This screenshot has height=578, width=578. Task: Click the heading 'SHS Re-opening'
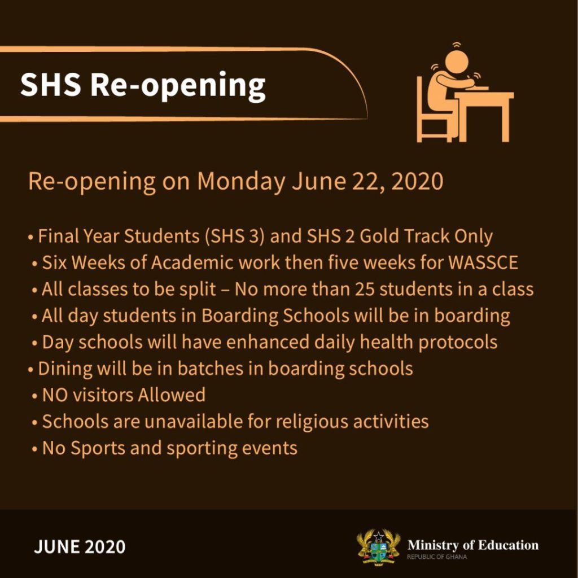143,86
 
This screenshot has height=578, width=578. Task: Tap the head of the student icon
456,61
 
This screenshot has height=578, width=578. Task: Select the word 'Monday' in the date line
241,181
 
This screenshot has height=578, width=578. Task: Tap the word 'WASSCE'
483,262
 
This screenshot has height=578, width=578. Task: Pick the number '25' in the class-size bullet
365,290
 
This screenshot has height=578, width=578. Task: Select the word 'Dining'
65,369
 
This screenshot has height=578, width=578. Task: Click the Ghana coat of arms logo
379,548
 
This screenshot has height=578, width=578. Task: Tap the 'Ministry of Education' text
473,545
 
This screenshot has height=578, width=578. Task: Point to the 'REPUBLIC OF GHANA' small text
437,557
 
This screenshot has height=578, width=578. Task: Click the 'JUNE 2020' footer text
80,546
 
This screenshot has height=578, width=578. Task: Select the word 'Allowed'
172,395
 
